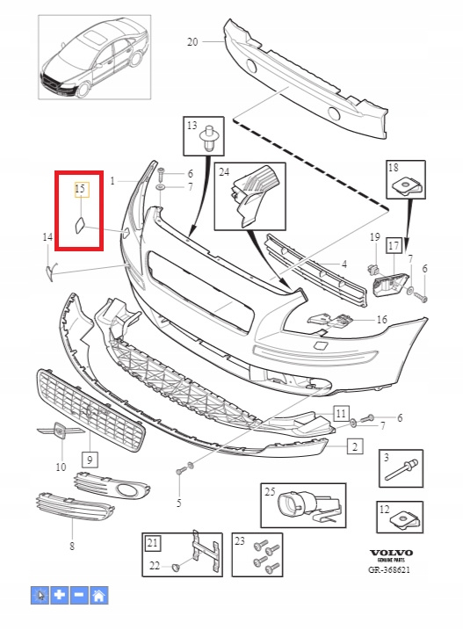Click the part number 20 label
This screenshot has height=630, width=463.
pos(192,41)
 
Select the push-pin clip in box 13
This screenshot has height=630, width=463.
pos(208,137)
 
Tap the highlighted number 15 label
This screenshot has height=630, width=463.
pos(80,188)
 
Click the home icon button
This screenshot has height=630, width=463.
pos(99,595)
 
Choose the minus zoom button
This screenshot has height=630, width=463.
pos(79,595)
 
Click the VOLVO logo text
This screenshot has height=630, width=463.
pos(391,553)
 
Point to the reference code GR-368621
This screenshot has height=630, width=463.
pos(389,569)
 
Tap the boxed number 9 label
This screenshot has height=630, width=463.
pos(90,460)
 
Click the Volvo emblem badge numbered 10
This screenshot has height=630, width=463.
pos(61,431)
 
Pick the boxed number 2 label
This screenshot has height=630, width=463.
pos(355,446)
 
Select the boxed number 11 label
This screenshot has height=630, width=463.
pos(341,413)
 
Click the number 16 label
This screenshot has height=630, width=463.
pos(382,320)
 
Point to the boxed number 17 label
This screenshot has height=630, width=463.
pos(394,245)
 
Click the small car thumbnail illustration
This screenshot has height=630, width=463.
pos(95,57)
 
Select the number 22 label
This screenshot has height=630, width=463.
pos(155,566)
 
